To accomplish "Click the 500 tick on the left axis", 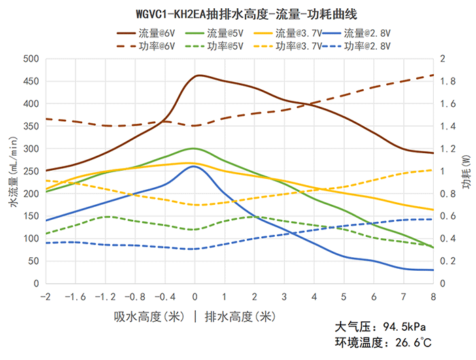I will pyautogui.click(x=31, y=59).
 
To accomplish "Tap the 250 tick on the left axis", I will pyautogui.click(x=31, y=171).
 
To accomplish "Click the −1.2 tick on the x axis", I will pyautogui.click(x=105, y=297).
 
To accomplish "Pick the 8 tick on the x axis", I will pyautogui.click(x=432, y=297).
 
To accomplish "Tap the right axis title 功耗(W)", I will pyautogui.click(x=465, y=171).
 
